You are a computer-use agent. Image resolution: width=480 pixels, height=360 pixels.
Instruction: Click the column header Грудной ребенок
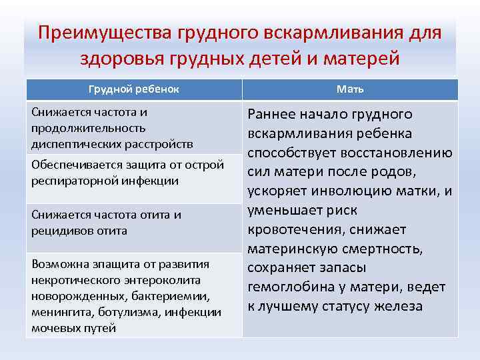coord(134,89)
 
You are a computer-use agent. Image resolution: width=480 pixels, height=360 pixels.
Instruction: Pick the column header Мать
coord(350,89)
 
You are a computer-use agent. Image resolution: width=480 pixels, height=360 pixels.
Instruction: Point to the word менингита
coord(58,312)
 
